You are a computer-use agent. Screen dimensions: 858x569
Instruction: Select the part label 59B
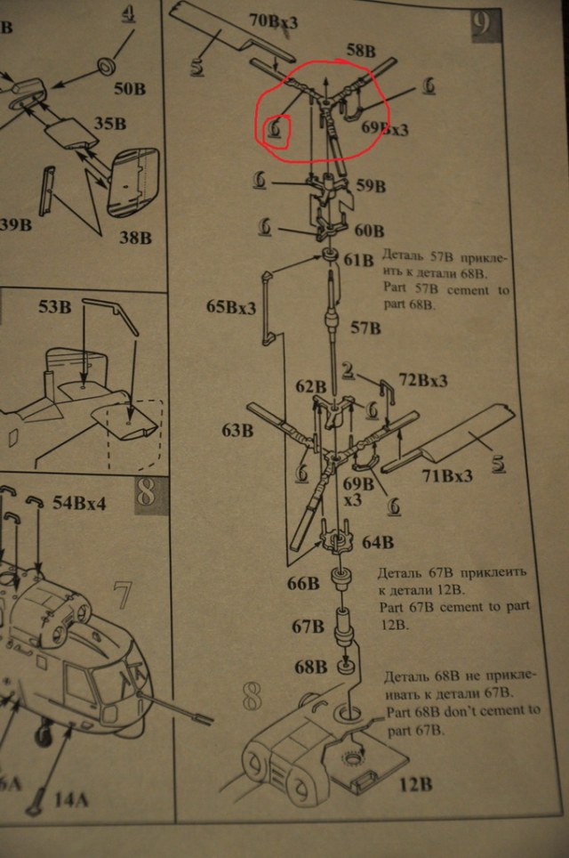click(370, 186)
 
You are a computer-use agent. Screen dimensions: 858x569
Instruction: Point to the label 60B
click(369, 231)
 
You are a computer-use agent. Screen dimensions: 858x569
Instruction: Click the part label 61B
click(359, 260)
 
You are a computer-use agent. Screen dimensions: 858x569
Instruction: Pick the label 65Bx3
click(231, 307)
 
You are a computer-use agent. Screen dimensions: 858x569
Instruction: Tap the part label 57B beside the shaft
click(365, 328)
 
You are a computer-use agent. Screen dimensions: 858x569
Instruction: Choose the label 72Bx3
click(422, 381)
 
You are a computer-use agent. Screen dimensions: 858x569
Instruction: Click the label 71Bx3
click(446, 475)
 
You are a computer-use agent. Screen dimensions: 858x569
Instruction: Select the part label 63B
click(237, 432)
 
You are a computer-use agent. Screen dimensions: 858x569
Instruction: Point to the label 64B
click(377, 541)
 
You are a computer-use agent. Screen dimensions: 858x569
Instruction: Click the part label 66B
click(303, 584)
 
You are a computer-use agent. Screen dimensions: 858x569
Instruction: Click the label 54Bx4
click(79, 503)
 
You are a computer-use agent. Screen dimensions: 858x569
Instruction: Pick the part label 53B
click(54, 309)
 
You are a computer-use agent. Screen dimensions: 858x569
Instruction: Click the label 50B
click(129, 88)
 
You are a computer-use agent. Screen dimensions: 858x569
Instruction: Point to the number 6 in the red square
click(276, 130)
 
